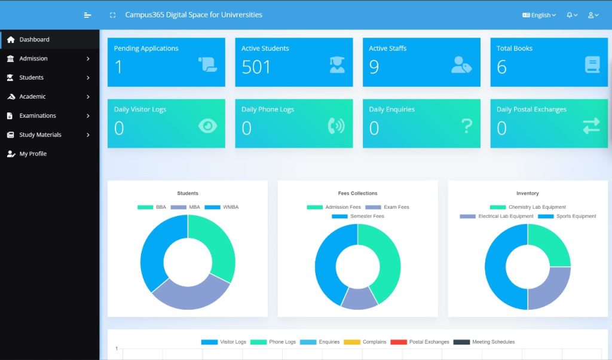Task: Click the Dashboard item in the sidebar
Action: point(34,39)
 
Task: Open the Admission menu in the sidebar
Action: point(33,59)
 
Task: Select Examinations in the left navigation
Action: point(38,115)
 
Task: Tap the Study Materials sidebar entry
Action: point(40,135)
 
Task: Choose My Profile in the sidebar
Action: point(33,154)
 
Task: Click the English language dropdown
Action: point(539,15)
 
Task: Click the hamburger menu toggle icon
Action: point(88,15)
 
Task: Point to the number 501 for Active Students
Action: point(256,68)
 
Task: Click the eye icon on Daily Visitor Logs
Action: point(207,126)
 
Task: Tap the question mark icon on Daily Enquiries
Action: point(467,126)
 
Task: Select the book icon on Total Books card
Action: point(592,65)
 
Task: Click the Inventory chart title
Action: point(527,193)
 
